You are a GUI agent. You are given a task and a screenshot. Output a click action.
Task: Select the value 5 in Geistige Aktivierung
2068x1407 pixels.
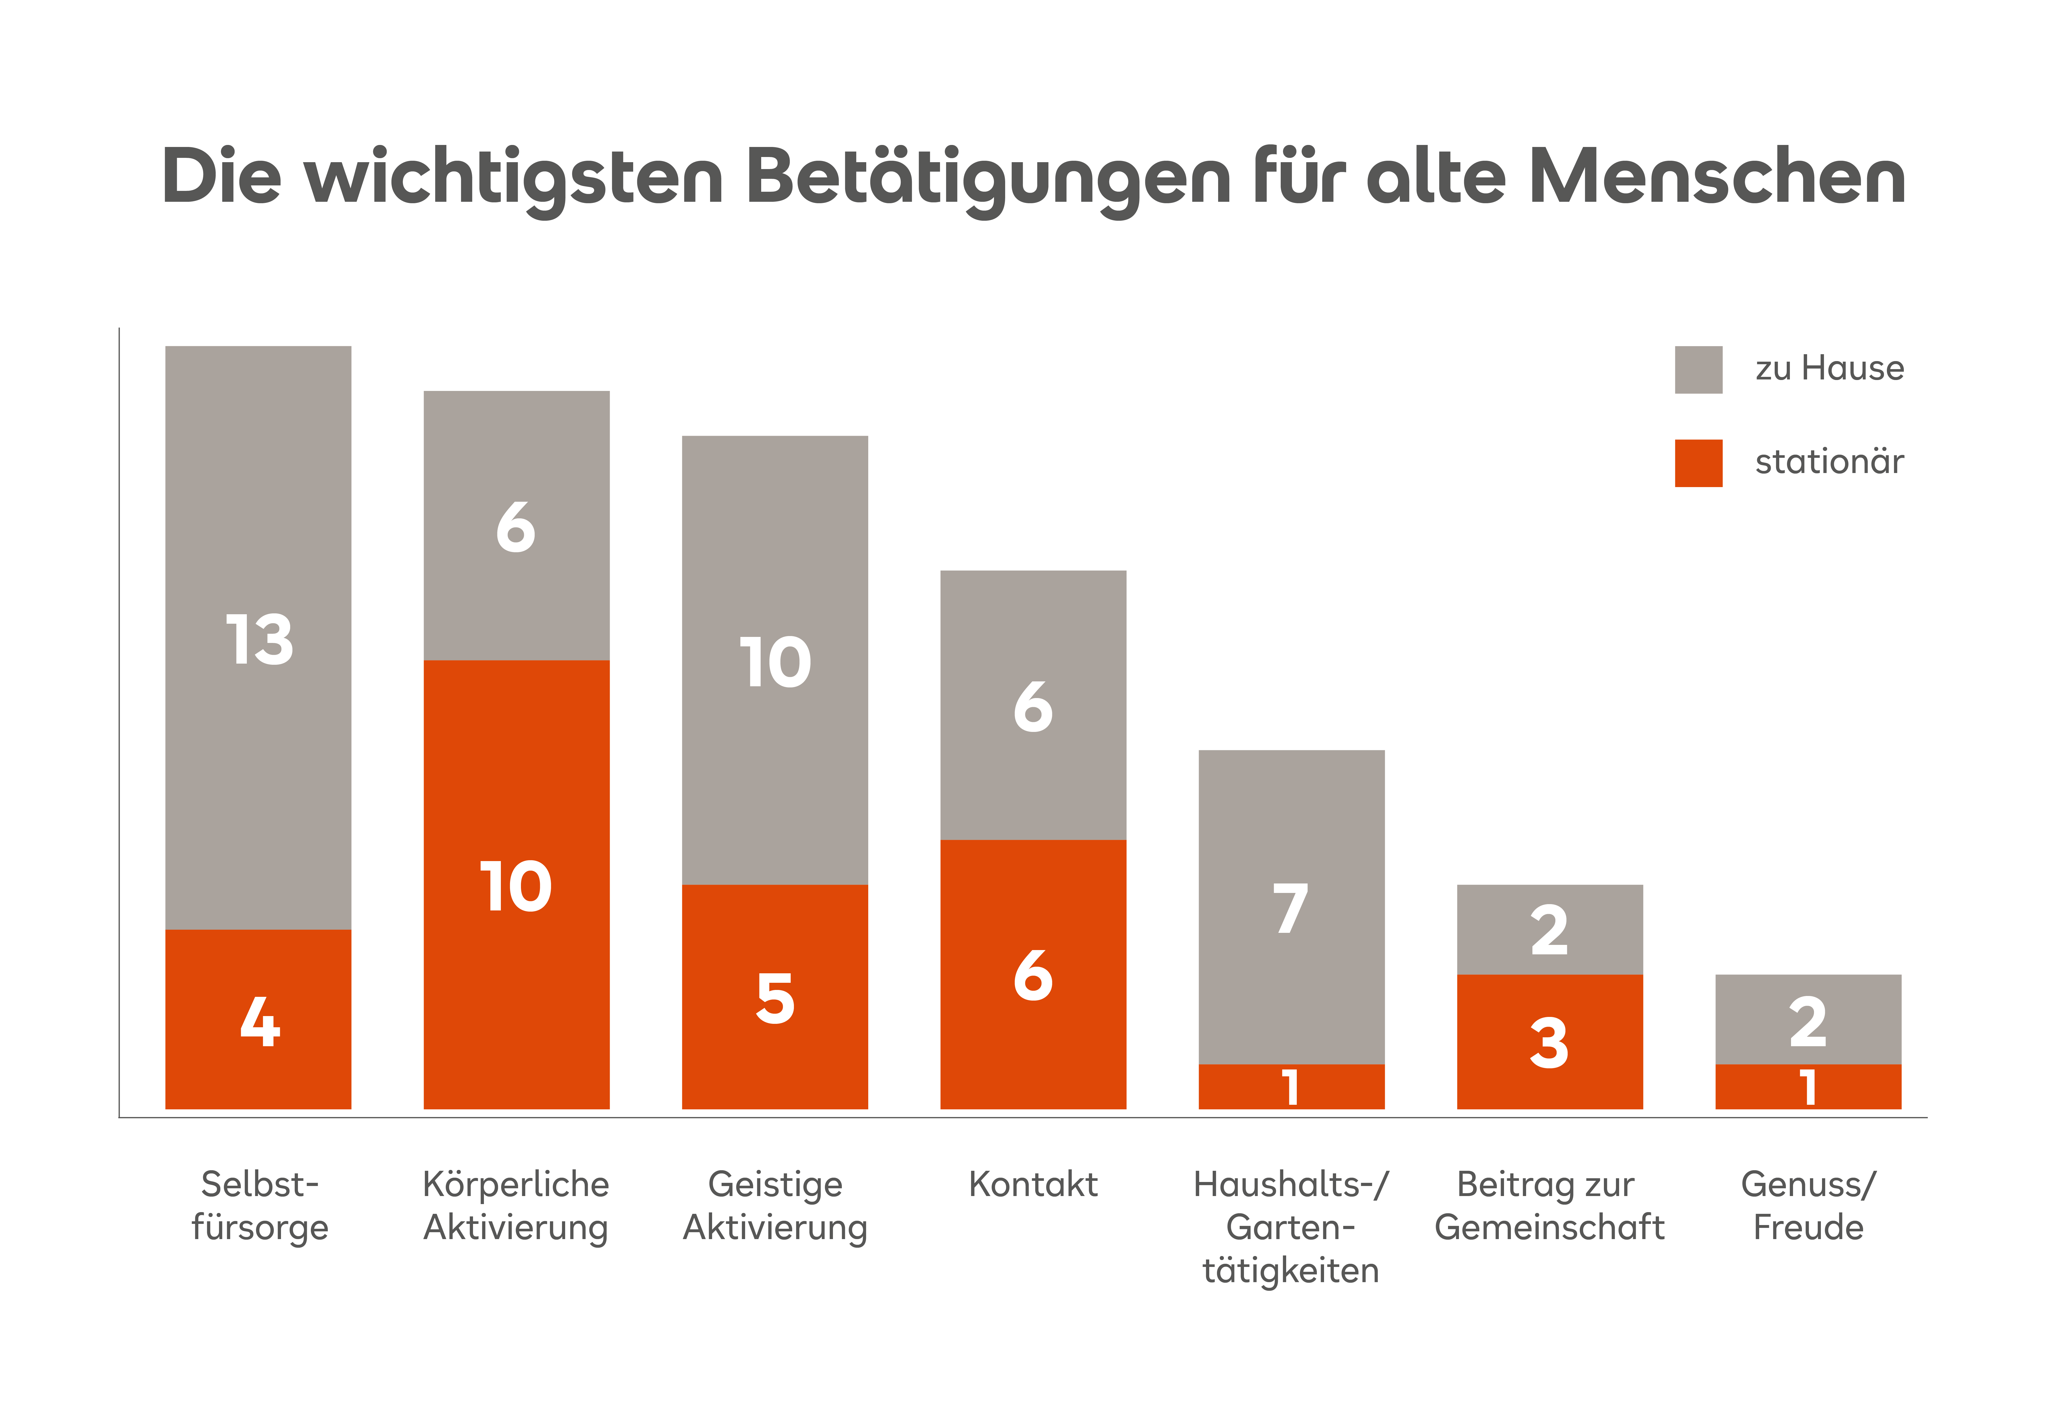click(x=775, y=999)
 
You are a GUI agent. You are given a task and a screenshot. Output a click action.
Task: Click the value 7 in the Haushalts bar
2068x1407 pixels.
click(x=1291, y=909)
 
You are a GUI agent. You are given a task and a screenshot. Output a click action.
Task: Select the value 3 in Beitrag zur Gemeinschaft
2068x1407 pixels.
click(x=1549, y=1043)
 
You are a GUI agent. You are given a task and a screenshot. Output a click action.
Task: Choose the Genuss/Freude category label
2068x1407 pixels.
click(x=1808, y=1206)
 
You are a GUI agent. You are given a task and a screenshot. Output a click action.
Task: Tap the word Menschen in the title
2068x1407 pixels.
click(x=1717, y=176)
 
